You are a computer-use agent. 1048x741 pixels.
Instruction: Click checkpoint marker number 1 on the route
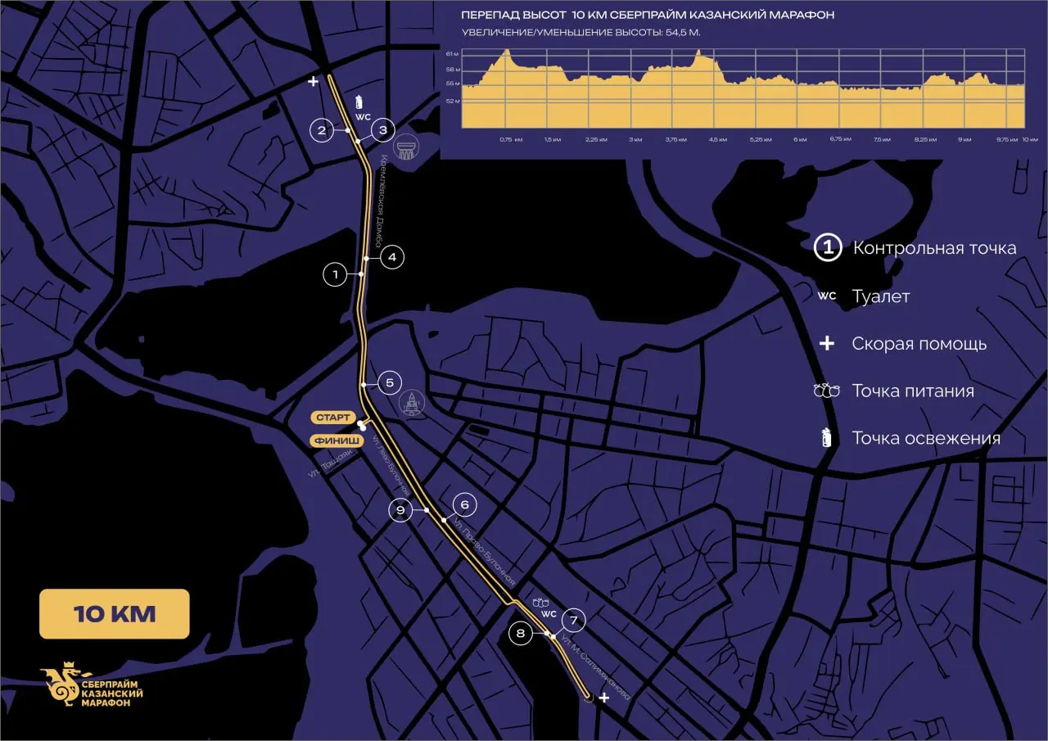point(335,274)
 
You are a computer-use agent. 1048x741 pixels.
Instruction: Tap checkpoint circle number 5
point(390,382)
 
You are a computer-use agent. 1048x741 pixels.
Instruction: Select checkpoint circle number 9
point(400,510)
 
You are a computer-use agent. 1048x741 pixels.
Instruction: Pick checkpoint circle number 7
point(574,620)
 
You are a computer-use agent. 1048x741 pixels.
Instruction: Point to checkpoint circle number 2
point(322,130)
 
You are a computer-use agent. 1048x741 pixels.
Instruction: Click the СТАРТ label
point(332,418)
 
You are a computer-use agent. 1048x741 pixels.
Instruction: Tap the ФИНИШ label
point(332,441)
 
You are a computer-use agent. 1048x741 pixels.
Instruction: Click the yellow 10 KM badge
point(115,614)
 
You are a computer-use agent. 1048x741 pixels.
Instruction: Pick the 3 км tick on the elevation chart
point(635,139)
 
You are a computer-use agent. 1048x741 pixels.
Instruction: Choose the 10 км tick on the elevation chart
point(1030,139)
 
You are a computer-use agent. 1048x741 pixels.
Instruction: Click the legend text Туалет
point(880,296)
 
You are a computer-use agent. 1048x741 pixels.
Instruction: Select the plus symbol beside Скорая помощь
point(827,343)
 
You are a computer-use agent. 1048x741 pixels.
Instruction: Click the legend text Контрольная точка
point(934,248)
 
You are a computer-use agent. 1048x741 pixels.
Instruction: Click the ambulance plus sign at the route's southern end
point(604,698)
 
